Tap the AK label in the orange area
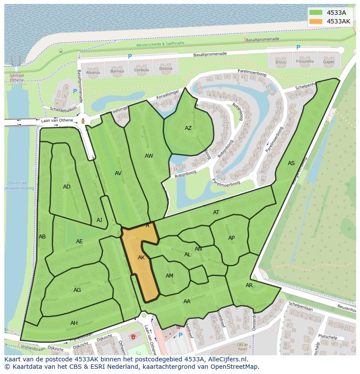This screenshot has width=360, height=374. pos(141,258)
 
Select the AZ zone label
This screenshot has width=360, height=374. pos(188,128)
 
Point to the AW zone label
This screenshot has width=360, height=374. pos(149,156)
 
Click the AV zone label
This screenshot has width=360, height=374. pos(118,173)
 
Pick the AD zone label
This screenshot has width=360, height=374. pos(67,187)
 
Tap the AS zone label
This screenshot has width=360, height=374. pos(291,163)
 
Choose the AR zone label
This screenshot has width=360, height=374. pos(249,285)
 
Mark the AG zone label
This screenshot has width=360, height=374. pos(77,290)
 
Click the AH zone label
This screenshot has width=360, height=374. pos(74,323)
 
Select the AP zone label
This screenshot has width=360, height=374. pos(231,238)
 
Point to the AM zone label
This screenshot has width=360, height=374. pos(170,276)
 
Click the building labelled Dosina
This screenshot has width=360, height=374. pos(166,69)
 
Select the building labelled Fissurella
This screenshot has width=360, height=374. pos(305,62)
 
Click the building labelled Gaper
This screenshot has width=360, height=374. pos(329,62)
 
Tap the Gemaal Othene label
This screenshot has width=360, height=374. pos(17,77)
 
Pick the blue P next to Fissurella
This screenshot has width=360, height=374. pos(298,48)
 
